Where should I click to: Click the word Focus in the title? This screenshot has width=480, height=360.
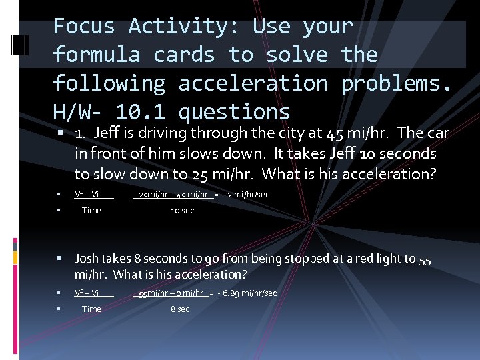84,26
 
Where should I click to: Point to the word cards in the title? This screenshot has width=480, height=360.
183,55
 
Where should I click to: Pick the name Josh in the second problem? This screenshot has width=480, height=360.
89,259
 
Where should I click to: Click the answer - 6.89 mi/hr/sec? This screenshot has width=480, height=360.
247,293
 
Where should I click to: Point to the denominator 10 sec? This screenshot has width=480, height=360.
182,211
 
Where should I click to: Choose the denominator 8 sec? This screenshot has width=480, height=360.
180,309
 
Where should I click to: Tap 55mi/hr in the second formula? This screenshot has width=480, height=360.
153,293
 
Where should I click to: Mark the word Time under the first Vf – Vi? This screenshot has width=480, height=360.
91,211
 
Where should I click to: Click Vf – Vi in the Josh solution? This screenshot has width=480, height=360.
87,293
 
